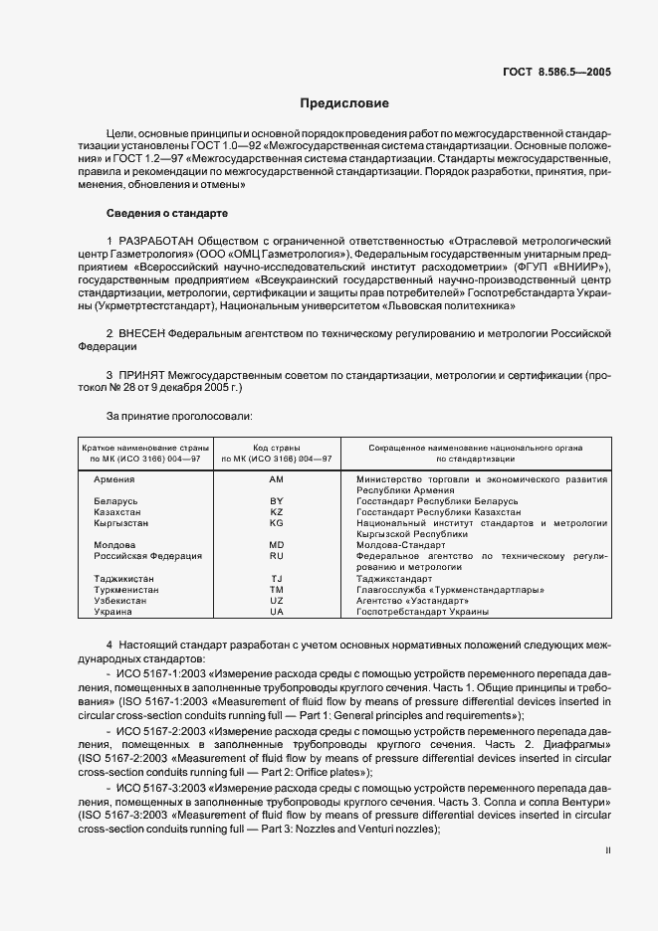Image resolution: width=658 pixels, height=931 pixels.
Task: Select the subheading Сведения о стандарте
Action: (167, 213)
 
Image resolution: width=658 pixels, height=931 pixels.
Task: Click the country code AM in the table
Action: (277, 479)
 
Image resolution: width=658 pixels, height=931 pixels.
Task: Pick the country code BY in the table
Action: (277, 501)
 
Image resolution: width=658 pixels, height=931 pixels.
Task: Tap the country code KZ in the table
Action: (277, 511)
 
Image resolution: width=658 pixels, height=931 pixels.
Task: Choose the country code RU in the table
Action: (277, 556)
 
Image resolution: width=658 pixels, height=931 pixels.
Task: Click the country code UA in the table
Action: (277, 611)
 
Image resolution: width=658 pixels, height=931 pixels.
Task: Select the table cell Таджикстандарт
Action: (393, 578)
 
